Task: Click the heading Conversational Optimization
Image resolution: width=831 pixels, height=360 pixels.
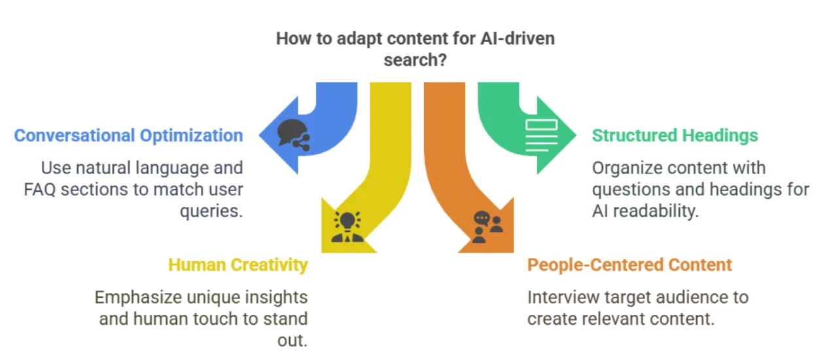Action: click(x=128, y=135)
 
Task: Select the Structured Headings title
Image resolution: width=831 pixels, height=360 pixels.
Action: click(x=675, y=135)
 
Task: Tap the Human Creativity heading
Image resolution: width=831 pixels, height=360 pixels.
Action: click(x=238, y=264)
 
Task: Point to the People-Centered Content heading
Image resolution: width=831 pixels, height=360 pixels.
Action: click(x=629, y=264)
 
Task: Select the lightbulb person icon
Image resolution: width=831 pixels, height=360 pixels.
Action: click(x=347, y=226)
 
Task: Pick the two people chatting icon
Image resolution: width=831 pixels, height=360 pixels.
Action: click(x=487, y=226)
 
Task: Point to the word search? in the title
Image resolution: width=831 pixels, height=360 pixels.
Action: click(x=415, y=60)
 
